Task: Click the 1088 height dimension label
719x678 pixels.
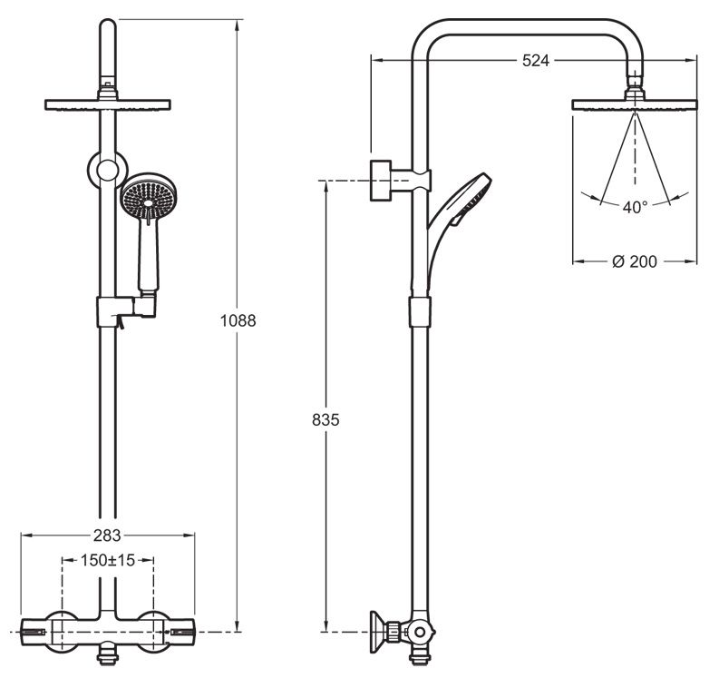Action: [239, 320]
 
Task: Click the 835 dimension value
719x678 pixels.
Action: [326, 420]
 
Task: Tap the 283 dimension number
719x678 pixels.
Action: [108, 536]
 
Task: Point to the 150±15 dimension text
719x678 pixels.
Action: [109, 560]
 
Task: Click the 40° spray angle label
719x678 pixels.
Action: [635, 207]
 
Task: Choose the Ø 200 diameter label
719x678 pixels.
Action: [634, 261]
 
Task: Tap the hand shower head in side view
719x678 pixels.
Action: [471, 198]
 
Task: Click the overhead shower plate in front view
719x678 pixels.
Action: [108, 104]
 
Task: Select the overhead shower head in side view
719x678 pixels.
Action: [635, 103]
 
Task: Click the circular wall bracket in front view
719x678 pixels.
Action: [107, 170]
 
